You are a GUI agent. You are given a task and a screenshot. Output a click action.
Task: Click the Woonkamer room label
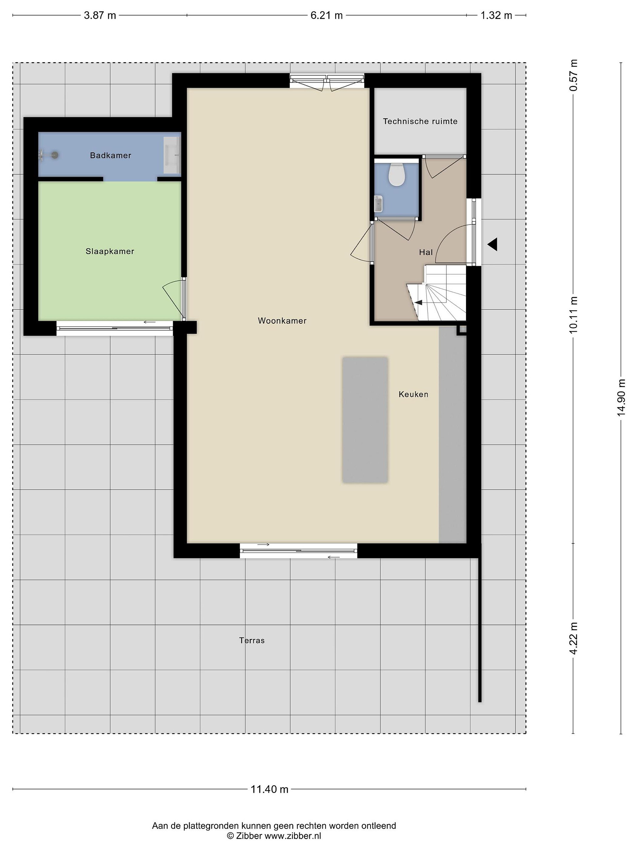(x=282, y=321)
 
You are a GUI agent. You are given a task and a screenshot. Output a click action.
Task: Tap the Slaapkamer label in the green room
(x=110, y=251)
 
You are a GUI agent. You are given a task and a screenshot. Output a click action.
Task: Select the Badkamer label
(x=111, y=155)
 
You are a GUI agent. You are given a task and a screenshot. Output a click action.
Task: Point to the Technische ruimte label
(x=420, y=121)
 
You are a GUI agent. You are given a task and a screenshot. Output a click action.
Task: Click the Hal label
(x=426, y=252)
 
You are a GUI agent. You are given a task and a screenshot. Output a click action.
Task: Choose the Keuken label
(x=413, y=394)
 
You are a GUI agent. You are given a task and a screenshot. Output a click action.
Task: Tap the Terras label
(x=252, y=640)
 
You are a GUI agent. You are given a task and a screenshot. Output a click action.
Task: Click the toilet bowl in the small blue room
(x=396, y=174)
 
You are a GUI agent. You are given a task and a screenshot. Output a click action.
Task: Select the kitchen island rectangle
(x=365, y=420)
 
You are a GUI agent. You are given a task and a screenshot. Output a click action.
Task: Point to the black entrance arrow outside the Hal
(x=492, y=244)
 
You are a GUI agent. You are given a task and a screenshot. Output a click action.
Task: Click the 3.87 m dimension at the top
(x=100, y=15)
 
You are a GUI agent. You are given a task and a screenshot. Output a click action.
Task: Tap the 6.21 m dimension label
(x=326, y=15)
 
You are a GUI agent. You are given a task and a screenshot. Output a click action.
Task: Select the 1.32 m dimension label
(x=496, y=15)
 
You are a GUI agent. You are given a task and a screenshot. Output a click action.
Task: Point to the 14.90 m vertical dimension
(x=621, y=397)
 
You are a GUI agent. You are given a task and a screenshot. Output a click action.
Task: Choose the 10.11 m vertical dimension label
(x=573, y=314)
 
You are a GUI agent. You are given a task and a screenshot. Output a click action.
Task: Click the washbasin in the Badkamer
(x=172, y=155)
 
